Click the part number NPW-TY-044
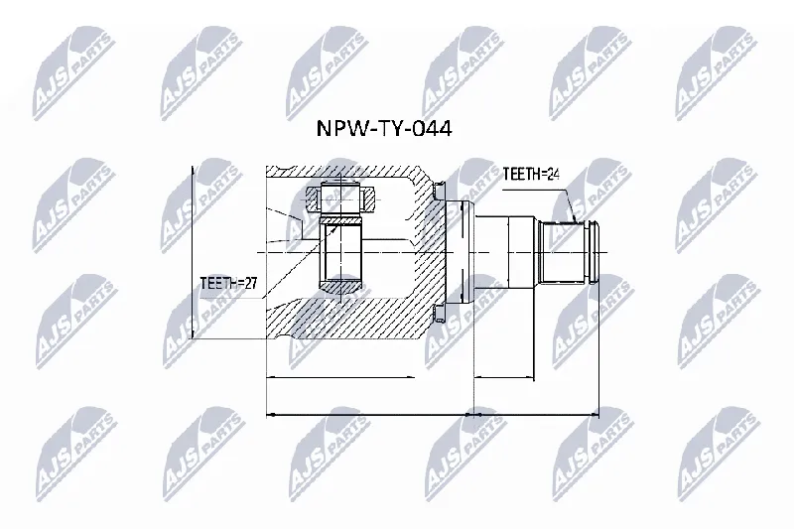(x=384, y=129)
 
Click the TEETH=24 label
(x=531, y=174)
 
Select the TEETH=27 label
(x=228, y=283)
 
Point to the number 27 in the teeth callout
(x=251, y=283)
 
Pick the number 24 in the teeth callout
(x=553, y=174)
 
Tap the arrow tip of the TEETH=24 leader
(x=576, y=221)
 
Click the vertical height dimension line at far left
(x=193, y=252)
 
